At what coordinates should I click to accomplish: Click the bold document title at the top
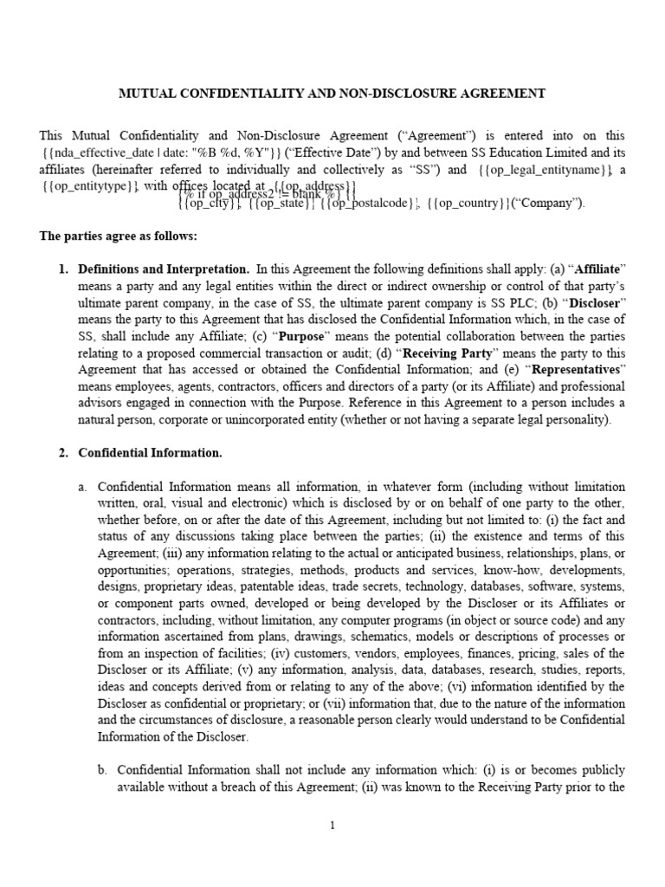pyautogui.click(x=332, y=94)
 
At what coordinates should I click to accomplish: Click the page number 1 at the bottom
pyautogui.click(x=332, y=825)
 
